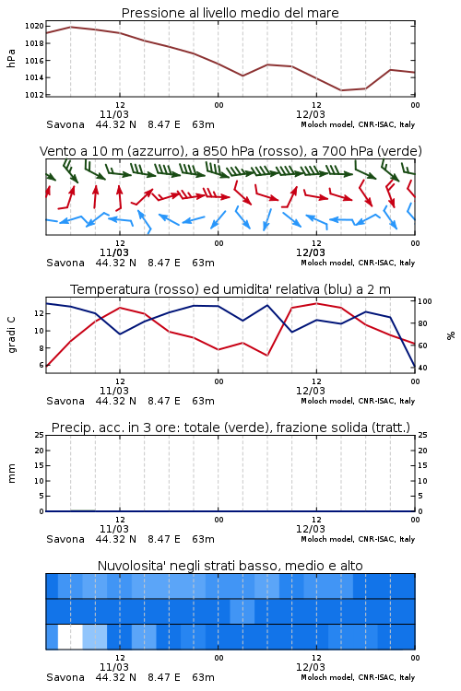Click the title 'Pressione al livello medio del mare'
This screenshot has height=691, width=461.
coord(230,13)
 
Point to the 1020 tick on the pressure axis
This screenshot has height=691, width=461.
coord(34,26)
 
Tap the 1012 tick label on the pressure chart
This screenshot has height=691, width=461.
coord(34,95)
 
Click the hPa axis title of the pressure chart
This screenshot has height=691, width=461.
coord(11,58)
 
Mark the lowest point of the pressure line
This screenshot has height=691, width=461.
coord(341,90)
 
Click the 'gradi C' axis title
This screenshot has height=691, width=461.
coord(12,334)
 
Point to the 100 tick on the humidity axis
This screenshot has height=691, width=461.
coord(425,301)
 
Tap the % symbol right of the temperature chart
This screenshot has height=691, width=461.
coord(451,335)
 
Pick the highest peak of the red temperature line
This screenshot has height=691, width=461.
coord(316,303)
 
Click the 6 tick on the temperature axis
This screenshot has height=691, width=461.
coord(41,366)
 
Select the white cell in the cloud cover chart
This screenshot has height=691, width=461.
coord(70,637)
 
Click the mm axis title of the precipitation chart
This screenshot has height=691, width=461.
coord(11,473)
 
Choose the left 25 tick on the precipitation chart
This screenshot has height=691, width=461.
coord(40,435)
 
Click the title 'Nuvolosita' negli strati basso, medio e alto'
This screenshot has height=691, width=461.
coord(230,566)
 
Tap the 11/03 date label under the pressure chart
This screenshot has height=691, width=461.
coord(114,114)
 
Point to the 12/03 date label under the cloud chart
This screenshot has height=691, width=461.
coord(311,667)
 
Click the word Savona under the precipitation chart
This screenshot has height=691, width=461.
coord(65,539)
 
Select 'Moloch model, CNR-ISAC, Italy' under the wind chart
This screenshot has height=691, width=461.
coord(358,263)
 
